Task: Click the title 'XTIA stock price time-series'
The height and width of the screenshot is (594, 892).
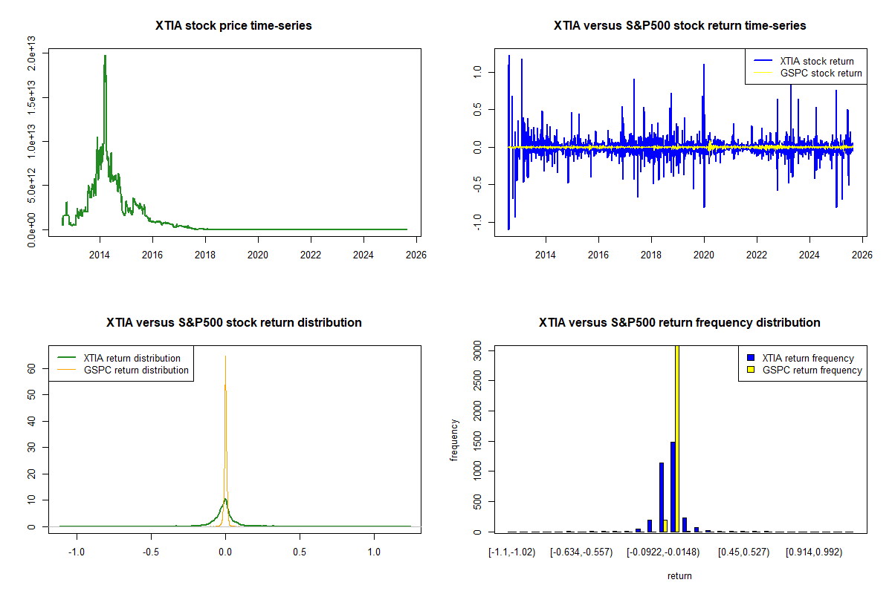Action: [233, 26]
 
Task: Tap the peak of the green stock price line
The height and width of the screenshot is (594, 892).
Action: [105, 56]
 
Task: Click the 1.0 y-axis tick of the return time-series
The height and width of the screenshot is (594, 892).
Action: [477, 71]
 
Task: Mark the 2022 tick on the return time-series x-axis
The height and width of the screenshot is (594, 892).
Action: [757, 253]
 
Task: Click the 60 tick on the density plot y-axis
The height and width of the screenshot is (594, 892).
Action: [31, 368]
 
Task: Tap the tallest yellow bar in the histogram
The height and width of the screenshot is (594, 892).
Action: [677, 438]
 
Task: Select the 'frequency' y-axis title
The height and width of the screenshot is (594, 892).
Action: [454, 440]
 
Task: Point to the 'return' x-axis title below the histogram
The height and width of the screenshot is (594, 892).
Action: [679, 575]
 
